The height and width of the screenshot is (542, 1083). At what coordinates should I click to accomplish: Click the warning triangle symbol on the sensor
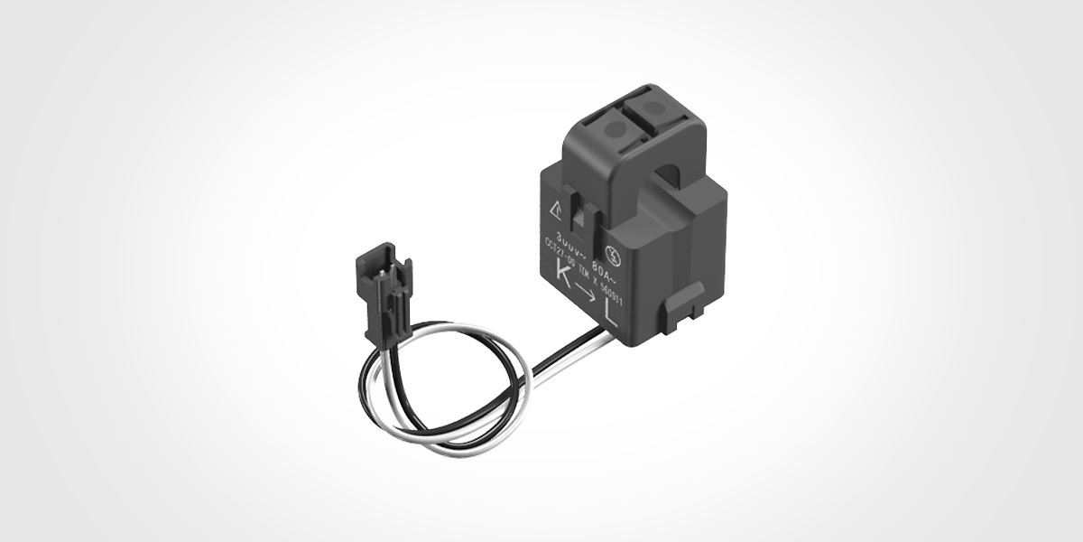coord(556,207)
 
